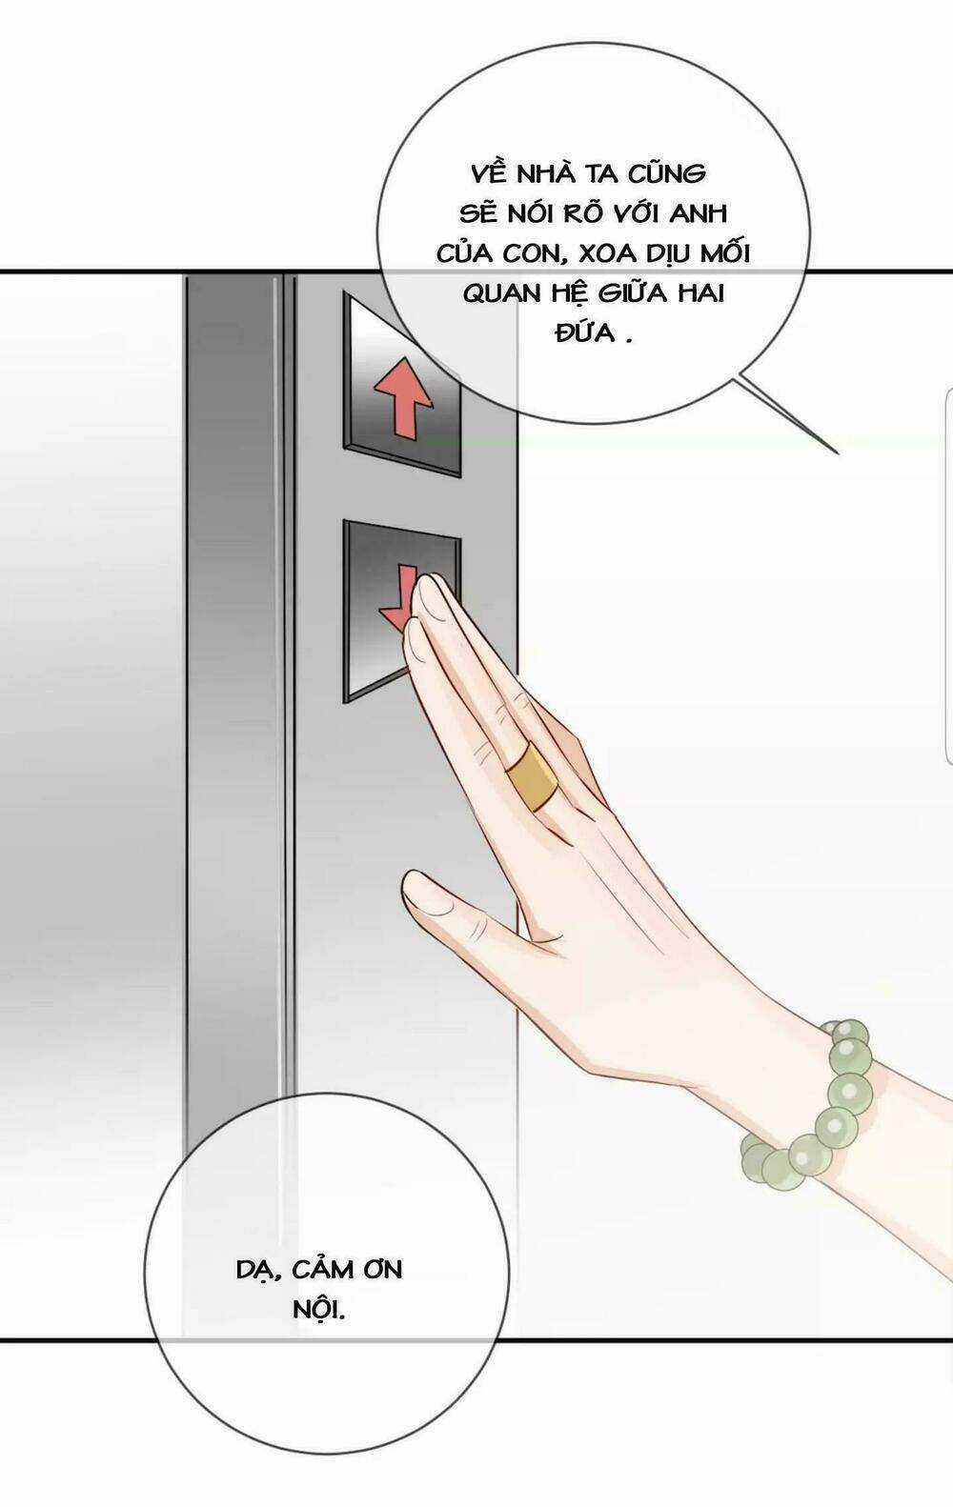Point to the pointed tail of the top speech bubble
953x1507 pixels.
click(x=838, y=452)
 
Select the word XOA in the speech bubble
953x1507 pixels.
click(x=604, y=254)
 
